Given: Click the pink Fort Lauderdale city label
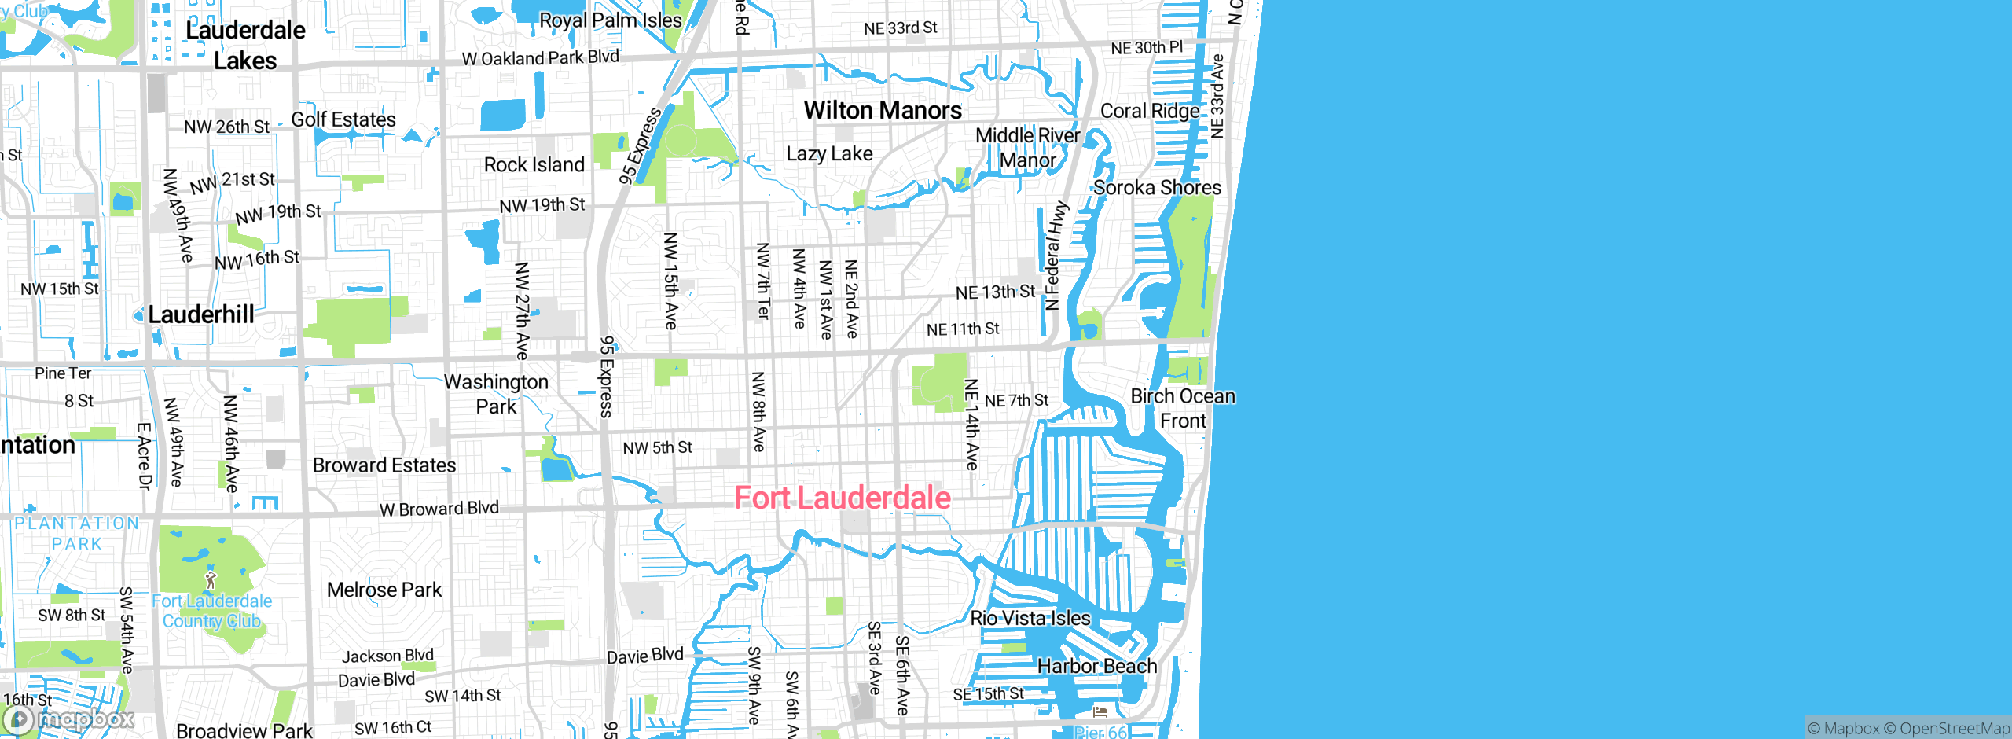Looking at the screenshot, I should pyautogui.click(x=843, y=498).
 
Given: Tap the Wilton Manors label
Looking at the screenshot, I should pyautogui.click(x=883, y=111).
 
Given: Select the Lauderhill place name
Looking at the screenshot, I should pyautogui.click(x=201, y=314).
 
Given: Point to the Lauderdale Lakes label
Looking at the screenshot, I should pyautogui.click(x=245, y=46).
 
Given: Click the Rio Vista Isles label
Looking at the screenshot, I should pyautogui.click(x=1030, y=618).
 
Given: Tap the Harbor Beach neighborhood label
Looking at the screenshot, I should pyautogui.click(x=1097, y=666).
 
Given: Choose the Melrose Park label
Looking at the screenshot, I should pyautogui.click(x=384, y=590).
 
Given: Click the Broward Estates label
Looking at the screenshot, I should pyautogui.click(x=384, y=465).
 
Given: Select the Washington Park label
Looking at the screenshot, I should pyautogui.click(x=496, y=394).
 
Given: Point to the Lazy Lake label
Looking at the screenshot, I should pyautogui.click(x=829, y=153).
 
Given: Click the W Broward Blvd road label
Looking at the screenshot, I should pyautogui.click(x=439, y=509).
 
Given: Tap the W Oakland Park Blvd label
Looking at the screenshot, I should pyautogui.click(x=541, y=57).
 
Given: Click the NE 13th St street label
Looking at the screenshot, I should pyautogui.click(x=995, y=292).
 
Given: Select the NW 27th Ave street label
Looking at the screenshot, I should pyautogui.click(x=522, y=311).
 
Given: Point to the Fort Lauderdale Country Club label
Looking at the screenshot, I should pyautogui.click(x=212, y=611).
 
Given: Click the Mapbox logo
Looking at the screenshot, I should pyautogui.click(x=69, y=719).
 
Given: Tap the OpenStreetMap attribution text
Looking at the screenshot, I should pyautogui.click(x=1954, y=729).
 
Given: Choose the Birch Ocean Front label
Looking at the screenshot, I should pyautogui.click(x=1183, y=408).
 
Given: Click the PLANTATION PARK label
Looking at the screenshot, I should pyautogui.click(x=77, y=533).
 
